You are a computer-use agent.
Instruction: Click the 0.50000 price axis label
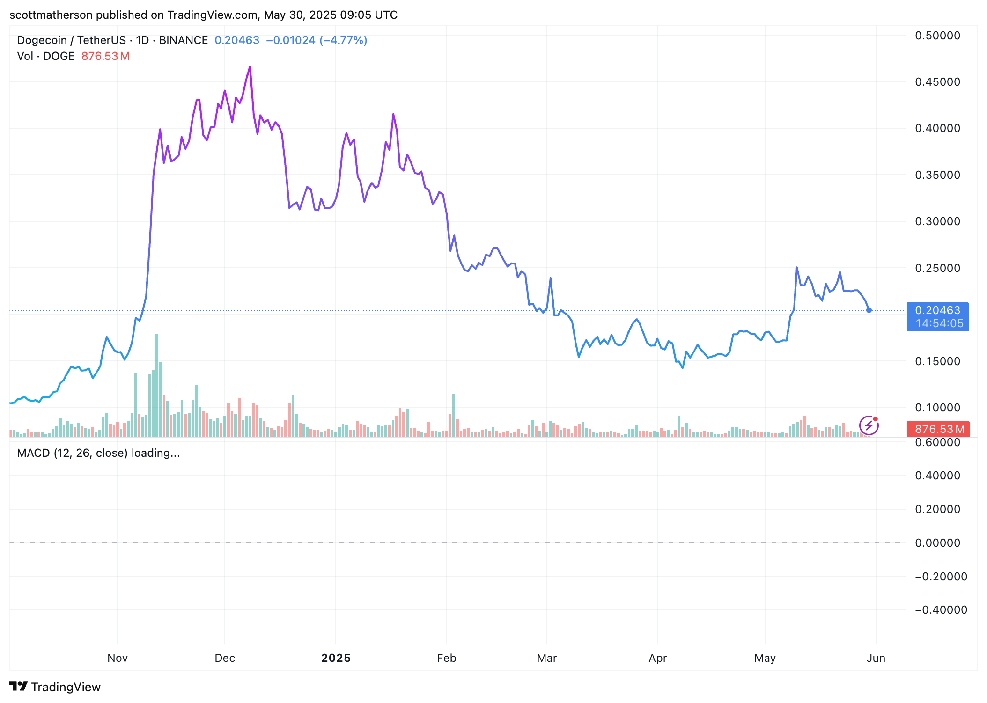point(937,36)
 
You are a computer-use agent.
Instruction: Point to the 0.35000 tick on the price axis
point(937,175)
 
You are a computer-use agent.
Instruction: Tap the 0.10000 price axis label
point(937,408)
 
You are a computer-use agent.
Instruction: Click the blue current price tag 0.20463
point(937,311)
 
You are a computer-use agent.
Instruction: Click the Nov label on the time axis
point(118,658)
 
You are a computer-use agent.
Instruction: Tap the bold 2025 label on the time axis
point(336,658)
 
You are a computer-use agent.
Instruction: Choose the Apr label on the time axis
point(657,658)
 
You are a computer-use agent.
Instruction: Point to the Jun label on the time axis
point(876,658)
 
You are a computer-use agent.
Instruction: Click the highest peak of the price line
point(250,67)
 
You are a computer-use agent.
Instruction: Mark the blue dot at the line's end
point(869,310)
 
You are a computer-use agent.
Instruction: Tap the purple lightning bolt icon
point(869,425)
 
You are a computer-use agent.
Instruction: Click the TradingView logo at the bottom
point(55,687)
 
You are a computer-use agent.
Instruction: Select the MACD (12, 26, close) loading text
point(98,453)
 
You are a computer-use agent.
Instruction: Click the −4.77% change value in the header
point(343,40)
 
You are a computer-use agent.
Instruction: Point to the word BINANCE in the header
point(183,40)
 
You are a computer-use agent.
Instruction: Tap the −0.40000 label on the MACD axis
point(941,610)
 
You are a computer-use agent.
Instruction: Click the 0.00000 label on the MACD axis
point(937,543)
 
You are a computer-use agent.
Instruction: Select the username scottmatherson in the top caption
point(51,15)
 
